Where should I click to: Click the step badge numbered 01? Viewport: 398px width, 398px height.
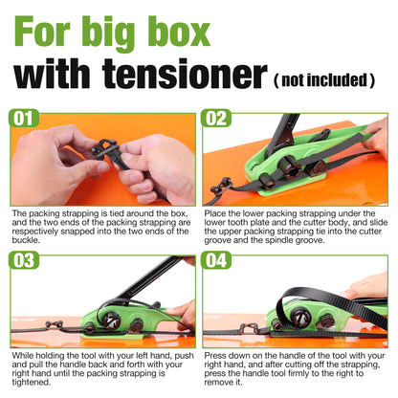coord(24,119)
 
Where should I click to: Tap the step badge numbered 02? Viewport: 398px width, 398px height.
coord(216,119)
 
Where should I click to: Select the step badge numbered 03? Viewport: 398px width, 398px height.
coord(24,260)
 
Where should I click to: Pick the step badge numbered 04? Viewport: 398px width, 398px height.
coord(216,260)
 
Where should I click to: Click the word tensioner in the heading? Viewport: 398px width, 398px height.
coord(185,74)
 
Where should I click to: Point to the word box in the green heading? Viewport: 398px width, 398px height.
coord(179,32)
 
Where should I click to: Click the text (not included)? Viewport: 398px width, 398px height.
coord(324,79)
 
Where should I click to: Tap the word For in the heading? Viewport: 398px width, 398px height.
coord(42,32)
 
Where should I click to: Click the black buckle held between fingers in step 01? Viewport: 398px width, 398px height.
coord(106,148)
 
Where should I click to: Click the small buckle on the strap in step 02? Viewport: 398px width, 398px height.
coord(221,186)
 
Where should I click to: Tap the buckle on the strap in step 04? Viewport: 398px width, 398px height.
coord(249,327)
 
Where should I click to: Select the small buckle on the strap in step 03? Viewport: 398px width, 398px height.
coord(54,324)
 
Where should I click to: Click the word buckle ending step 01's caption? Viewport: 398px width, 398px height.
coord(26,240)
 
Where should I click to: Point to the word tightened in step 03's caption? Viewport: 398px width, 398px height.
coord(32,382)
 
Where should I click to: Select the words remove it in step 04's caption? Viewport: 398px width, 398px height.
coord(223,382)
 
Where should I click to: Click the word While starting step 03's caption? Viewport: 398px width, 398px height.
coord(22,355)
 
